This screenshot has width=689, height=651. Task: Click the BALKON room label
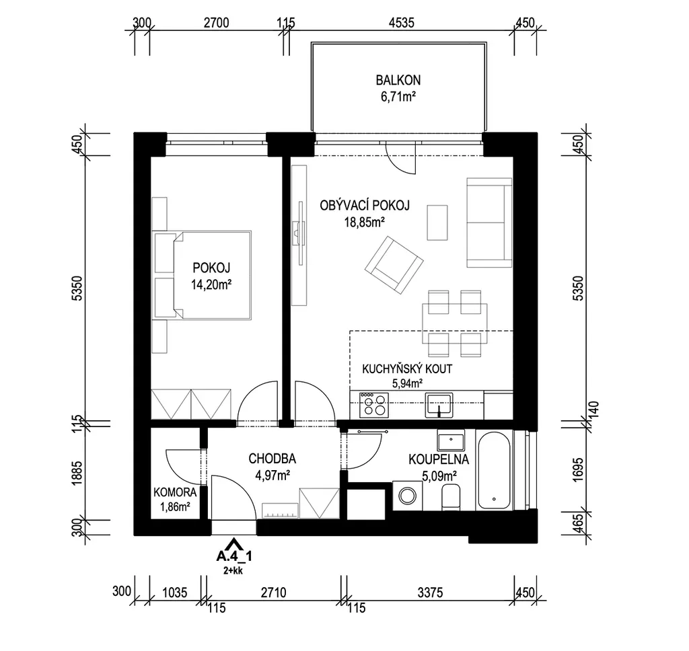398,80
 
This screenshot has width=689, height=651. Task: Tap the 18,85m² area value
364,223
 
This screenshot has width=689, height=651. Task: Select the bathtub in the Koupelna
494,471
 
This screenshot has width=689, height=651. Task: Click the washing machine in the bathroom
407,496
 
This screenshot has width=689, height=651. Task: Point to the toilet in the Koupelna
450,497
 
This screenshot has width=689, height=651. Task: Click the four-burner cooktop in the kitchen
374,405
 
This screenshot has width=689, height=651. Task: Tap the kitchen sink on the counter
439,405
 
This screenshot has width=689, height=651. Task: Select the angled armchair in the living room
394,265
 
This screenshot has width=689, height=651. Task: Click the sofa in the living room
489,223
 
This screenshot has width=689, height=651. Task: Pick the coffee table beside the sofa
437,223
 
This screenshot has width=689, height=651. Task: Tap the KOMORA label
175,492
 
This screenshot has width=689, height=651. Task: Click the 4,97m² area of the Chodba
273,475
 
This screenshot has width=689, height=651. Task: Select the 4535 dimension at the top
401,22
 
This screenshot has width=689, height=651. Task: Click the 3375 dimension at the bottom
430,592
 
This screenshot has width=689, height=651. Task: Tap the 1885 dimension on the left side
78,473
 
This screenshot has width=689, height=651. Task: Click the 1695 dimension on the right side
579,470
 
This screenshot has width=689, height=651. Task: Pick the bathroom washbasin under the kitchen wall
451,440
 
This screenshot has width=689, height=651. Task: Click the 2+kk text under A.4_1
233,571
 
